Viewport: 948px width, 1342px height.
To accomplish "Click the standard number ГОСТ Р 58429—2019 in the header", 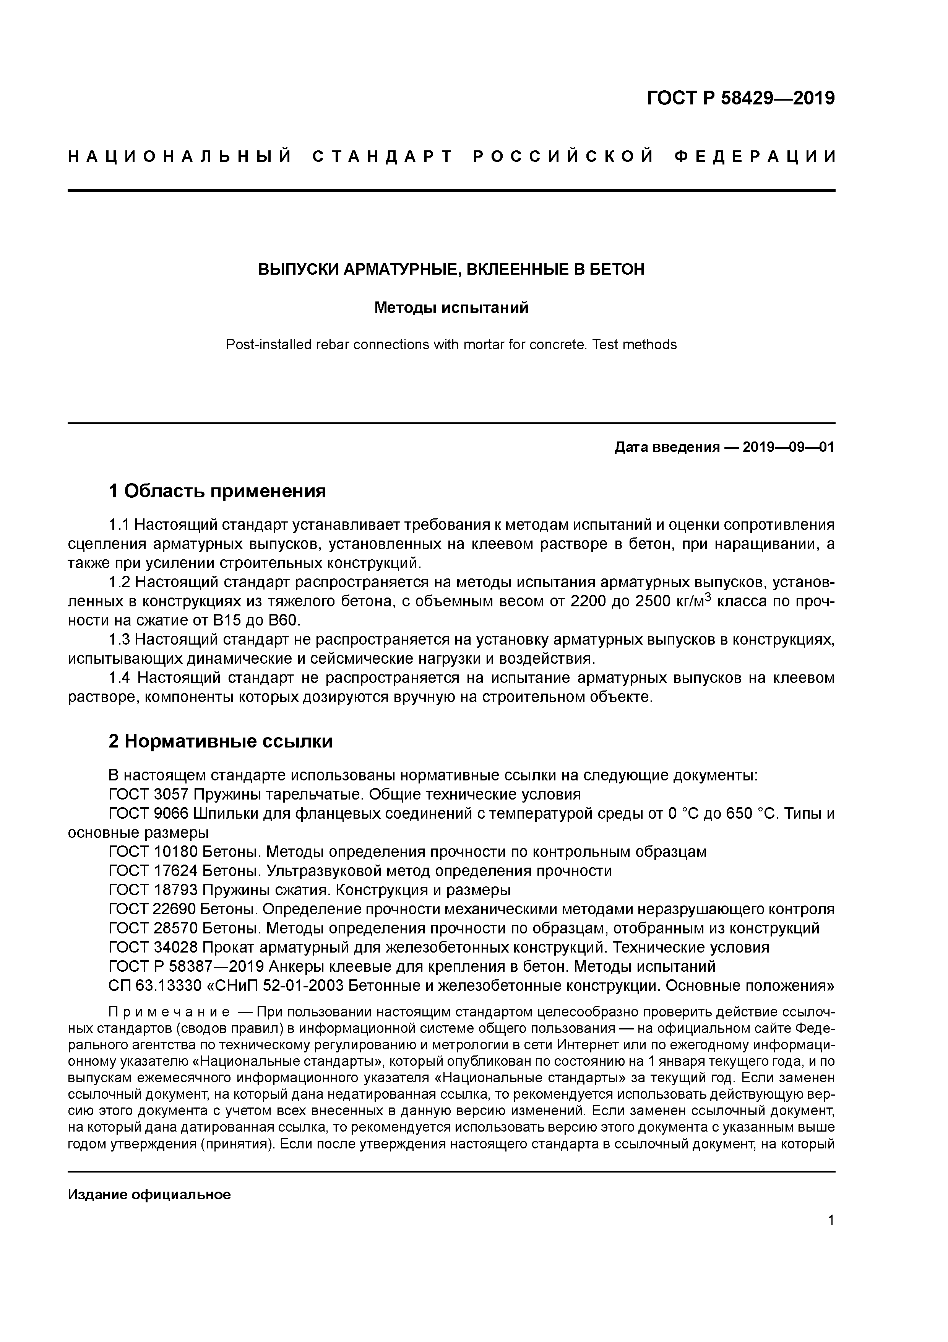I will point(741,98).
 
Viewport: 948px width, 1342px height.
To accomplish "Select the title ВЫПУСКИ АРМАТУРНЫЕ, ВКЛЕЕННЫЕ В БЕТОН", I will point(451,269).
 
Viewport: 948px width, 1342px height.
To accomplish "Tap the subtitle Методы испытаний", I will point(451,308).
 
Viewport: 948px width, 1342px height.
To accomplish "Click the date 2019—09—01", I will point(789,448).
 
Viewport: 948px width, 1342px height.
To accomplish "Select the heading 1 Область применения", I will point(217,491).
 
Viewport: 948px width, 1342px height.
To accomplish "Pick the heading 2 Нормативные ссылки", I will point(221,741).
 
